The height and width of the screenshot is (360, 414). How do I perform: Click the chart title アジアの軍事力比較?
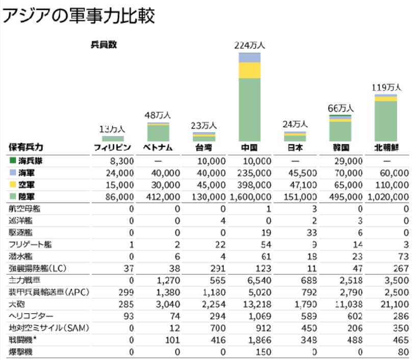[79, 15]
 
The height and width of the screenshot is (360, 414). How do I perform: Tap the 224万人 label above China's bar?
[249, 45]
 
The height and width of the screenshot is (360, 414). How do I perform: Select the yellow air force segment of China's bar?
[249, 70]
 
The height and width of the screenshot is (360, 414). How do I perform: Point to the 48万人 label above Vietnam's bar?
[159, 115]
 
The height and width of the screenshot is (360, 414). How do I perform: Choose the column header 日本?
[295, 148]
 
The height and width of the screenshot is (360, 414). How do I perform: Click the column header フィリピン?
[113, 148]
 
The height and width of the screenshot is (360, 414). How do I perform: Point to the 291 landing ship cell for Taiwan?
[217, 268]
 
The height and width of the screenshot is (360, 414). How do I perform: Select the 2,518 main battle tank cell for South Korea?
[351, 280]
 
